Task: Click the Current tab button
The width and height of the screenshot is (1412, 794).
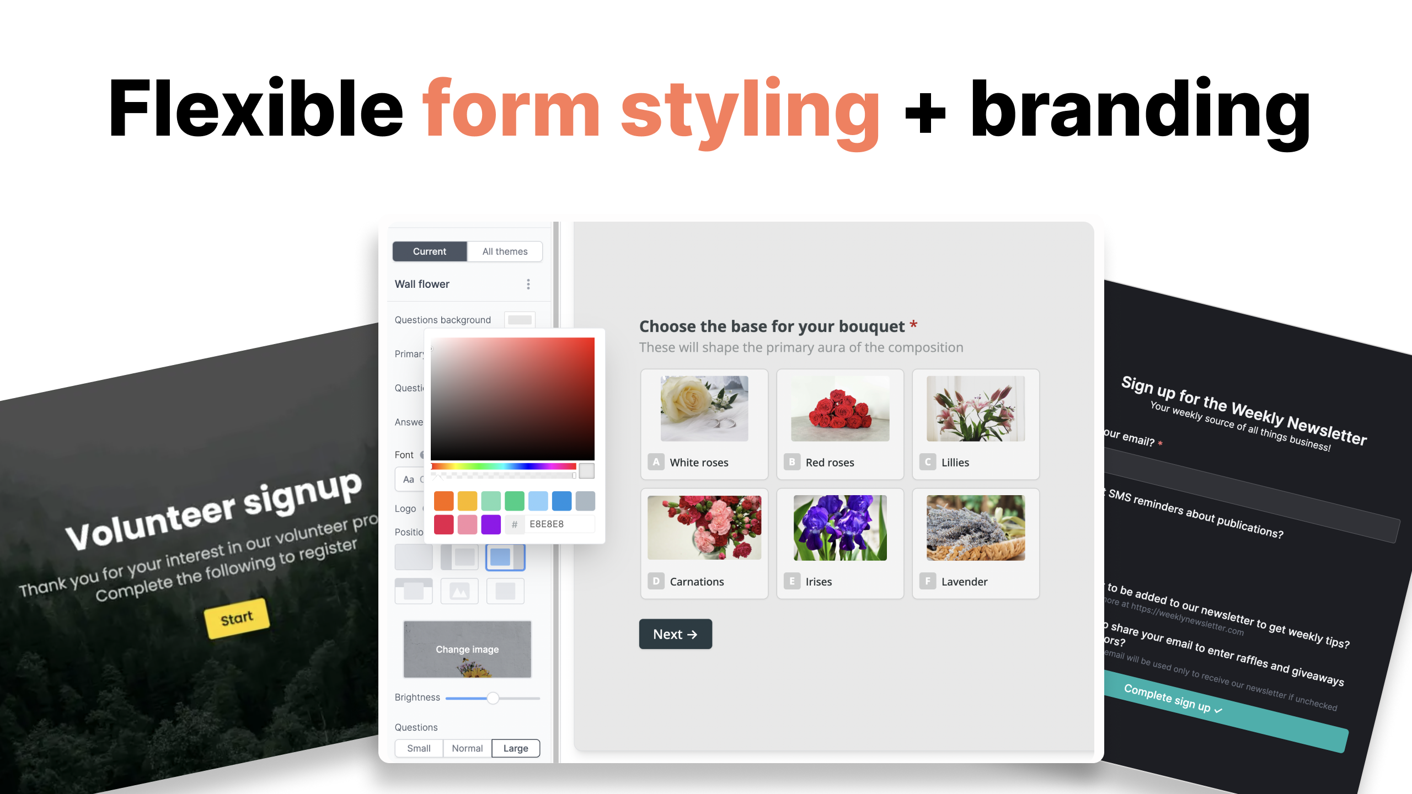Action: [x=429, y=251]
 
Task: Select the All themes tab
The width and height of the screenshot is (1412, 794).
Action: [x=505, y=251]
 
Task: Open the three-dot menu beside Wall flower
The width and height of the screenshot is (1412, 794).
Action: [x=528, y=284]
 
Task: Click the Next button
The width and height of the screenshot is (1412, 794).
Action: [x=675, y=634]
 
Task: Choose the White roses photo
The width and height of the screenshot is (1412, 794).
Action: [x=704, y=409]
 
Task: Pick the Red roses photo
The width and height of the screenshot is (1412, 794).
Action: [x=839, y=409]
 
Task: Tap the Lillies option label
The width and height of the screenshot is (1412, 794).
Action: [x=955, y=463]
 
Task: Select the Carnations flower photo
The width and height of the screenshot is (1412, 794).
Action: [x=704, y=528]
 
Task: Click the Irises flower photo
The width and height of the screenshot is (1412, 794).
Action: [x=839, y=528]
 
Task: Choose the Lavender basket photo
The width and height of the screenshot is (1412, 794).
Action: [x=975, y=528]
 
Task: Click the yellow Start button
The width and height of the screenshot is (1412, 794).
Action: [x=237, y=618]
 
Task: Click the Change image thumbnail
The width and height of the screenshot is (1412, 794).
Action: [x=467, y=650]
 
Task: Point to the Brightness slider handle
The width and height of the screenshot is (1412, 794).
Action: [x=493, y=698]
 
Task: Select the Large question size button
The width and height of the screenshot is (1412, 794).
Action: [x=515, y=748]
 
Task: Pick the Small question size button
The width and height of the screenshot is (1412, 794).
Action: [x=419, y=748]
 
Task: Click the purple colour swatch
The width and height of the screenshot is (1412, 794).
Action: [x=490, y=524]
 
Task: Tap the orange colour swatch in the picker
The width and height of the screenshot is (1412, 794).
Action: [x=443, y=501]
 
